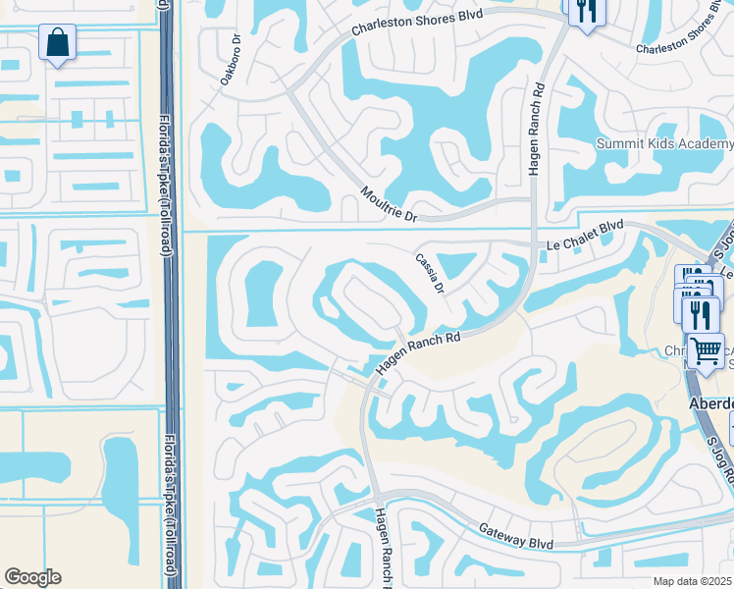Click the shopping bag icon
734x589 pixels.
[x=58, y=42]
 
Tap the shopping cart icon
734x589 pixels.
[x=705, y=349]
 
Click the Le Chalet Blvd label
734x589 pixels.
[x=584, y=232]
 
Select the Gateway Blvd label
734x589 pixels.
[x=516, y=535]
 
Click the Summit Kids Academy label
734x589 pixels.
[x=664, y=144]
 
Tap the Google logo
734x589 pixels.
[x=32, y=577]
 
